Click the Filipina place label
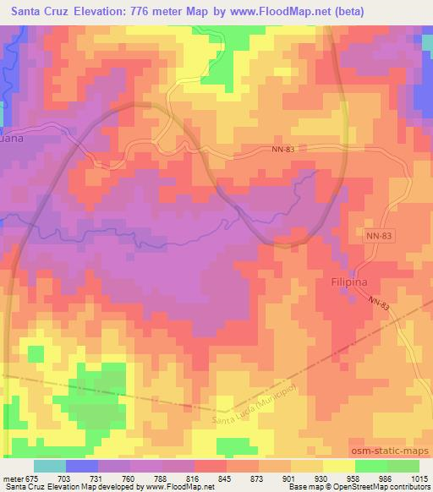(x=345, y=285)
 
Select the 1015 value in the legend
(x=420, y=478)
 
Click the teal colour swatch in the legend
(x=49, y=466)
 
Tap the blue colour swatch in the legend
(x=81, y=466)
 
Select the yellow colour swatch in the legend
(x=338, y=466)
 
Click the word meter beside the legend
(x=13, y=478)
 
